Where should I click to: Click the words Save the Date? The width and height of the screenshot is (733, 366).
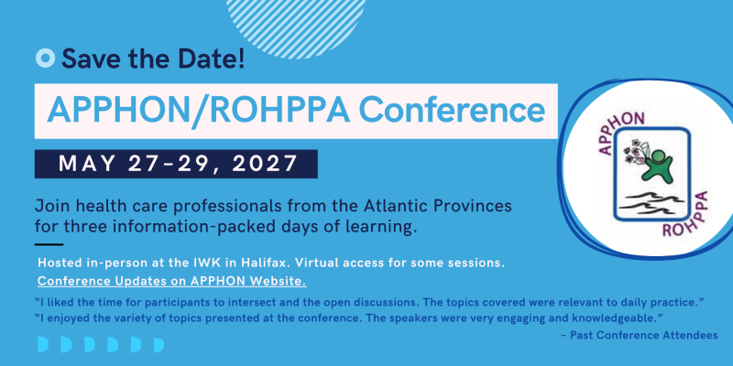point(153,59)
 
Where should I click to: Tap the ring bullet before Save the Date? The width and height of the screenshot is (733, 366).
point(45,58)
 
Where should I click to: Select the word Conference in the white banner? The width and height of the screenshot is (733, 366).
point(452,111)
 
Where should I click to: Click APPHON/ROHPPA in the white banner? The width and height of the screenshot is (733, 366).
point(199,111)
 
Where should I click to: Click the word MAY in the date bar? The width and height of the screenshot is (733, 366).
point(86,164)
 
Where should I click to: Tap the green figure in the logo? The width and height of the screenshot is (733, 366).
point(656,166)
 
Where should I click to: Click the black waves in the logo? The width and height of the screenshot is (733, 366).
point(651,201)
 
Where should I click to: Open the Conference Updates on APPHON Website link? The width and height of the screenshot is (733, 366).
point(172,282)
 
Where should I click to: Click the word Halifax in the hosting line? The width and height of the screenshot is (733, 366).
point(264,263)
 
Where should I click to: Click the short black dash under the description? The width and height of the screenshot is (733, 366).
point(49,244)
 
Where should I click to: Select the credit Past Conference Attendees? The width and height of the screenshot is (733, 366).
point(644,335)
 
